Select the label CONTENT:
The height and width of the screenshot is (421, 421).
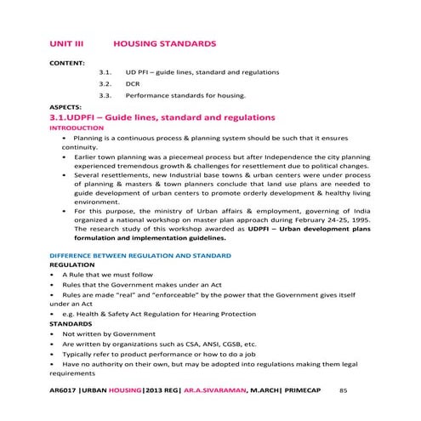click(x=67, y=63)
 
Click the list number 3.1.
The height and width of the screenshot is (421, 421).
click(x=106, y=74)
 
